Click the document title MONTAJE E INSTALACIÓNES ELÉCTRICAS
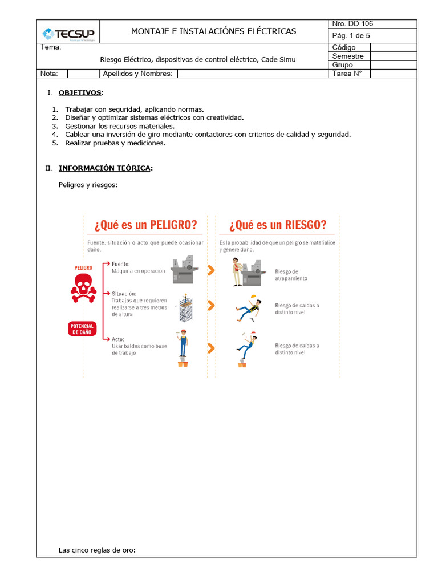(x=213, y=31)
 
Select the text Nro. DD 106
(x=352, y=24)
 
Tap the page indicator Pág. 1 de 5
(x=351, y=35)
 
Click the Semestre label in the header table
(x=347, y=56)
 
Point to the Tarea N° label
(x=347, y=74)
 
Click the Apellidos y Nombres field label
(x=137, y=74)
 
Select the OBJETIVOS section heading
(x=80, y=92)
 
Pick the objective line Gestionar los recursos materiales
(x=119, y=126)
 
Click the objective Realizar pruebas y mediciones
(x=115, y=143)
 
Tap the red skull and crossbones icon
(x=84, y=287)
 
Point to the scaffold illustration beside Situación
(x=184, y=309)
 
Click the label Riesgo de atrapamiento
(x=291, y=275)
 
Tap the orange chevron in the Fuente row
(x=211, y=270)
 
